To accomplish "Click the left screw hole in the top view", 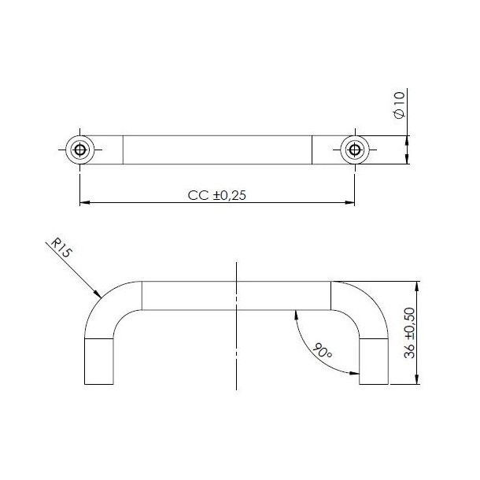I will [80, 150].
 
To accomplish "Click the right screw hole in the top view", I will [354, 150].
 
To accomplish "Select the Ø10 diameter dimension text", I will [398, 105].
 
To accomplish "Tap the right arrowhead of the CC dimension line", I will [349, 204].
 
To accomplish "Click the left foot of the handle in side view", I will [98, 361].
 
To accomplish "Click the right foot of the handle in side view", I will [373, 361].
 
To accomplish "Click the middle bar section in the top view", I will [217, 150].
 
